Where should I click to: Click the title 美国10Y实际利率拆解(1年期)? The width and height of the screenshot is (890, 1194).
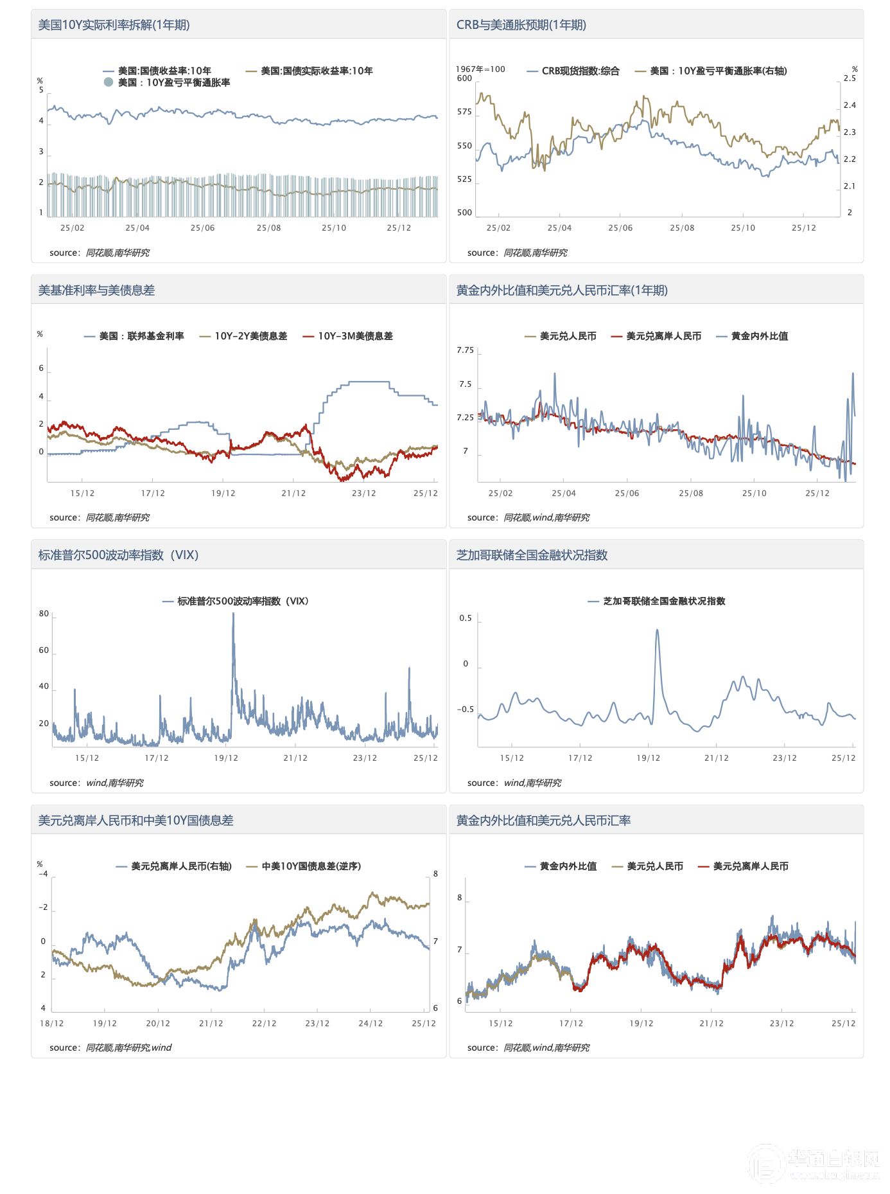click(114, 25)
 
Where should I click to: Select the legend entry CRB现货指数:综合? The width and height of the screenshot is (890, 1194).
click(580, 71)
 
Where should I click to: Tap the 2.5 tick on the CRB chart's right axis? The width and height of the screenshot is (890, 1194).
click(850, 78)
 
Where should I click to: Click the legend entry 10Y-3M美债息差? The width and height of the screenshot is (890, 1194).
click(355, 336)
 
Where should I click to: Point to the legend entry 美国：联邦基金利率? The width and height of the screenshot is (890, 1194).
click(141, 336)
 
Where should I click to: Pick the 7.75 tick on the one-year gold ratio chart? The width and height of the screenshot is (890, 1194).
click(465, 350)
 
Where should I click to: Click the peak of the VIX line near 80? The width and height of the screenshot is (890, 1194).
click(233, 614)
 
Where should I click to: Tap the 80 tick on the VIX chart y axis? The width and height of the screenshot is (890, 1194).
click(44, 614)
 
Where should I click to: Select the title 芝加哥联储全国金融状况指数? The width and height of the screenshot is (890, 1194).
click(532, 555)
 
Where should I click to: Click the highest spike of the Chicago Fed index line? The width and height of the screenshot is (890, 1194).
click(657, 630)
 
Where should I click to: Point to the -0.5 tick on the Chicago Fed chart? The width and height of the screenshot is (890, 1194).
click(465, 709)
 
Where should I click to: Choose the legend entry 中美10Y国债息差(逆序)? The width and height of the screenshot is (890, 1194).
click(311, 866)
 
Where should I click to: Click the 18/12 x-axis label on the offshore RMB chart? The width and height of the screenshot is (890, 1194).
click(52, 1024)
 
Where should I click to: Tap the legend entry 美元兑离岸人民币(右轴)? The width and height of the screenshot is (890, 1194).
click(181, 866)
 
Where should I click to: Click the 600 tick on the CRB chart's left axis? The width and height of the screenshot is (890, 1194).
click(464, 78)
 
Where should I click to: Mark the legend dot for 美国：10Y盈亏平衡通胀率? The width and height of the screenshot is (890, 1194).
click(109, 82)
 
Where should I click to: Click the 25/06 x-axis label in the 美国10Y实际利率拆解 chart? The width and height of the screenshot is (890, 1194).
click(202, 228)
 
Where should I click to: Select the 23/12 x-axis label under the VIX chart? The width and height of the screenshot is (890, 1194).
click(365, 758)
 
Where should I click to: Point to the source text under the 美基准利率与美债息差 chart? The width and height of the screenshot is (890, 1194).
click(100, 518)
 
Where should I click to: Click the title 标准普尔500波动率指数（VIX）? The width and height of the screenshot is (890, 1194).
click(118, 555)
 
